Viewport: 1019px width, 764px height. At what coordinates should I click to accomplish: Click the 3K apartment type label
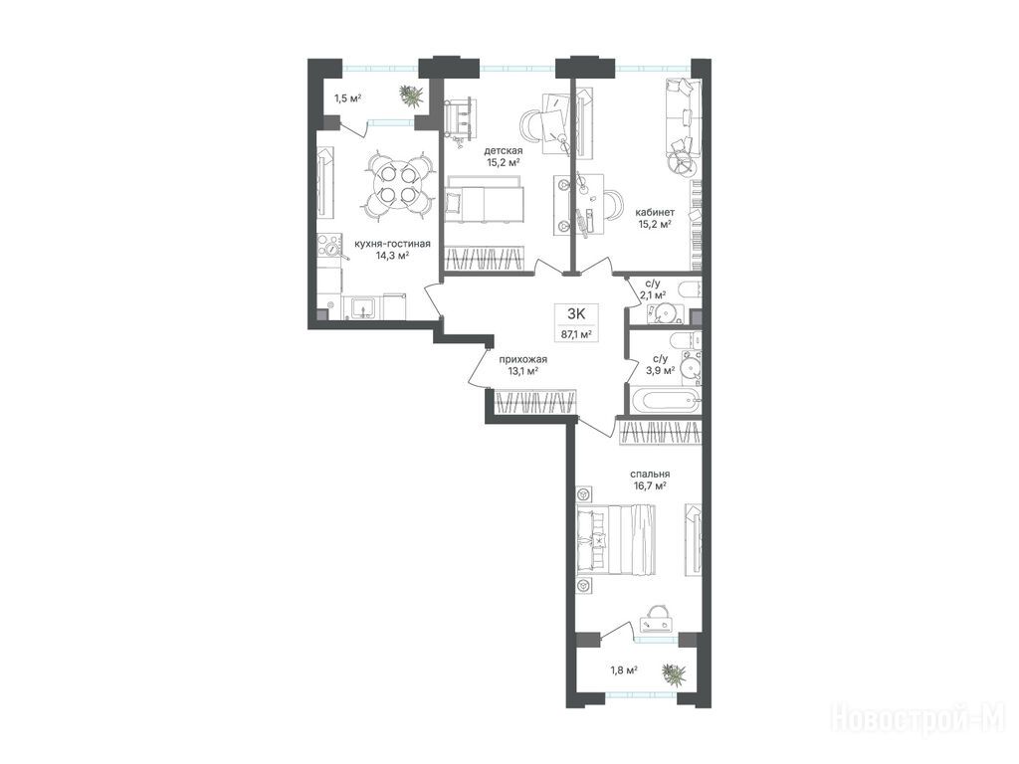point(576,313)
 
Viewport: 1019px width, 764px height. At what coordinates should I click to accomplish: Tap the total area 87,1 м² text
point(576,335)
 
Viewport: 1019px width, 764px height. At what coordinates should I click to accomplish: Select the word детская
point(503,151)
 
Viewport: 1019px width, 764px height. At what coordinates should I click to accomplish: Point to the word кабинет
point(655,212)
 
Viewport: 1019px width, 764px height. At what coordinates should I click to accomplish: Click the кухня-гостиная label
point(392,244)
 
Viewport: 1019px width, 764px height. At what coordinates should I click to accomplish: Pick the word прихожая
point(523,359)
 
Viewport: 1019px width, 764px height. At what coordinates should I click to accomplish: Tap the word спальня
point(650,475)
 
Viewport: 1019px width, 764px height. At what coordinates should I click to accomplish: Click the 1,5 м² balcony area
point(347,98)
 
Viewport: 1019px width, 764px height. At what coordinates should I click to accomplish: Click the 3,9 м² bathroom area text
point(660,369)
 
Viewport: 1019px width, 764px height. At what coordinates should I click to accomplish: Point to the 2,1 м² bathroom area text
point(652,294)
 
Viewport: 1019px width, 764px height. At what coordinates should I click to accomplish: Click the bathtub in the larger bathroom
point(665,400)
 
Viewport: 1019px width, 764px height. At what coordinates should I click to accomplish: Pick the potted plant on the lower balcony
point(674,674)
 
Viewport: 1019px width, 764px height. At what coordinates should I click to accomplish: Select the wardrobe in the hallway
point(534,402)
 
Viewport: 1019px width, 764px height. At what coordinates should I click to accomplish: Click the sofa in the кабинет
point(683,120)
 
